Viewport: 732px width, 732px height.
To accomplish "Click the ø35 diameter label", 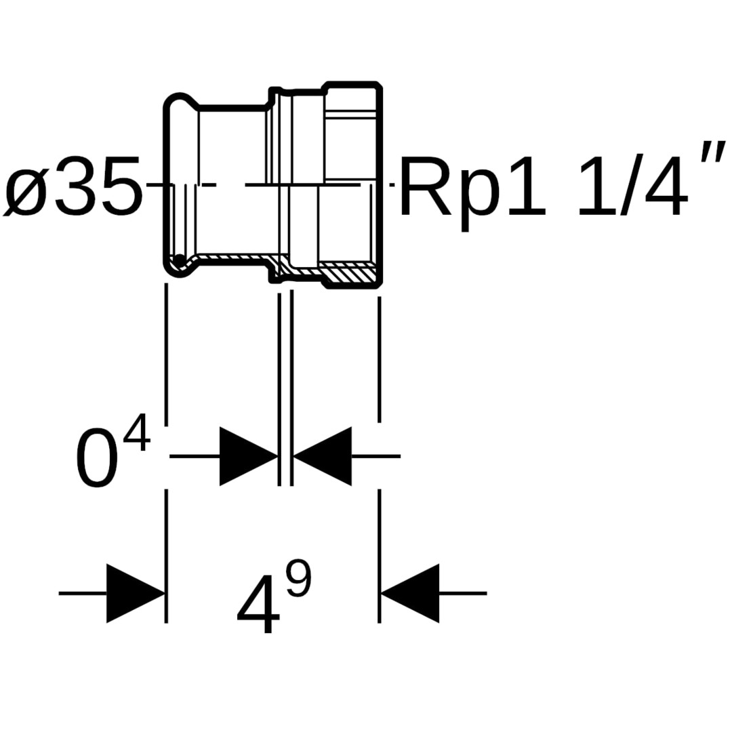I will point(73,186).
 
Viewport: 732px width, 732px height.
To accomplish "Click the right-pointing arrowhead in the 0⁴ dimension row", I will point(248,456).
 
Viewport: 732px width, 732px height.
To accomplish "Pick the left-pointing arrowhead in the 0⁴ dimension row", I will point(323,456).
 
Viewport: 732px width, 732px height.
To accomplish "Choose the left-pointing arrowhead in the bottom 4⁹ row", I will point(409,593).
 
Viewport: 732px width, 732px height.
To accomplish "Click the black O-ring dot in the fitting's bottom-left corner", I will point(179,262).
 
